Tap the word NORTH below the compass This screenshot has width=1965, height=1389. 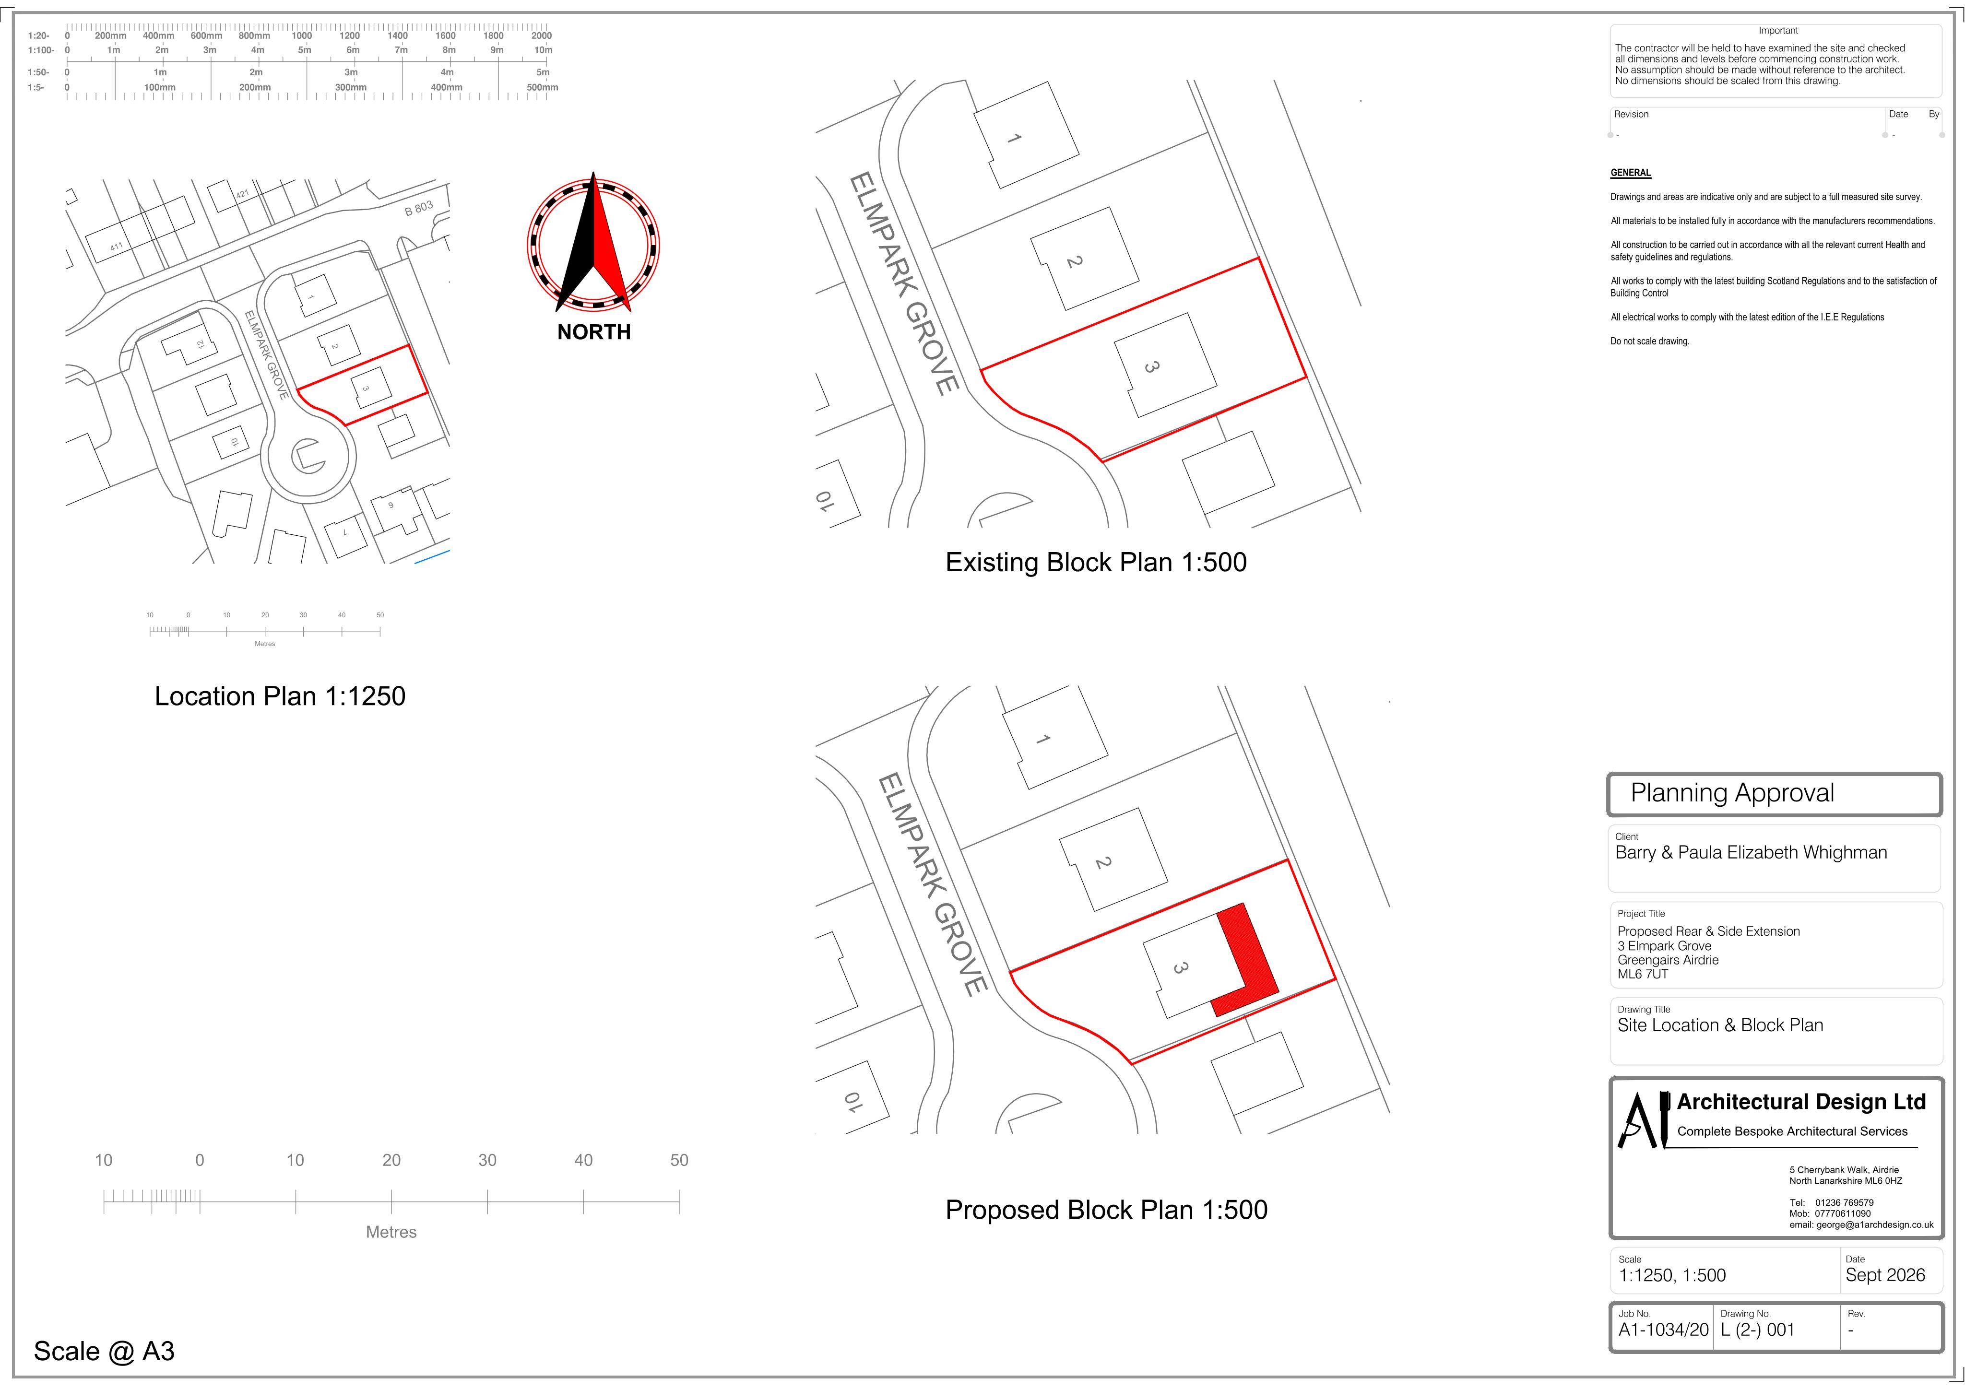594,332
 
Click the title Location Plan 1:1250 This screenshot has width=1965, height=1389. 280,696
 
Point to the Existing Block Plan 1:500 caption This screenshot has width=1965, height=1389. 1095,562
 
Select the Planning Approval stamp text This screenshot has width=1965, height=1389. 1732,793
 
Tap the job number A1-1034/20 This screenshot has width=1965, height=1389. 1663,1330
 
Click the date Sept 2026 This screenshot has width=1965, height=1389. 1885,1275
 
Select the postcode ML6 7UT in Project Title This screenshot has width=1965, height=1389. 1642,974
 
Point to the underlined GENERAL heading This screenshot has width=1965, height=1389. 1630,173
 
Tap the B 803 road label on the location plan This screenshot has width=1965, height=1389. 419,208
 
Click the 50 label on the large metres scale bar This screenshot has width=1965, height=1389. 679,1161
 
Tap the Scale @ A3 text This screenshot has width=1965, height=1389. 105,1351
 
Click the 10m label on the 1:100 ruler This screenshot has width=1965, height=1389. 544,49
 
